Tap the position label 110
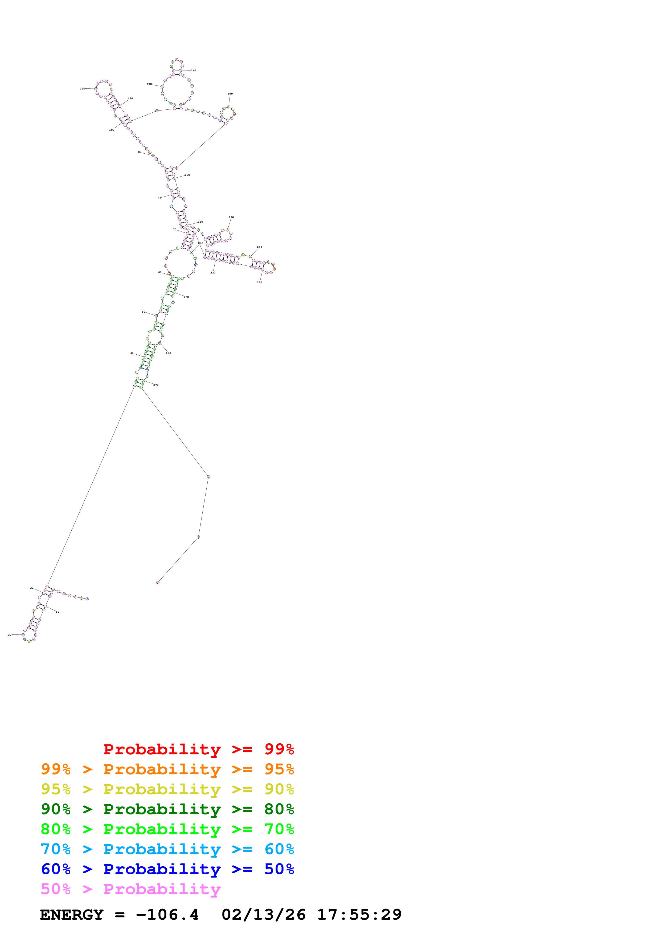[x=82, y=89]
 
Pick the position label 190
[x=231, y=218]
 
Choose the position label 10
[x=57, y=612]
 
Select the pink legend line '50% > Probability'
[x=130, y=889]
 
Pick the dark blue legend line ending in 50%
[x=167, y=869]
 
